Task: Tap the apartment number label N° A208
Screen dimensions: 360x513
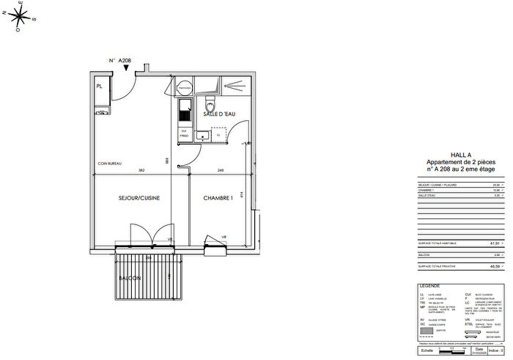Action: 119,61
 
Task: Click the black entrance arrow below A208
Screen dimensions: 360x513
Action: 127,69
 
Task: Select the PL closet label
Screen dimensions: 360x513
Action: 99,87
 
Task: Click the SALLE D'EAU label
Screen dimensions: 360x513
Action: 219,115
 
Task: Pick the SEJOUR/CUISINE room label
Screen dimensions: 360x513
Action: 139,198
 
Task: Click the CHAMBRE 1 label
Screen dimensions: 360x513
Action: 218,198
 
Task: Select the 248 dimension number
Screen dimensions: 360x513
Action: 220,171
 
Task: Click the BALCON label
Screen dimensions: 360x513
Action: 132,278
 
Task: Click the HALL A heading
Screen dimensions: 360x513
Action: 460,155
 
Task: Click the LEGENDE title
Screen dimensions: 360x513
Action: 429,285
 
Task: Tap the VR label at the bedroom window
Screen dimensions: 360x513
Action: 224,238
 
